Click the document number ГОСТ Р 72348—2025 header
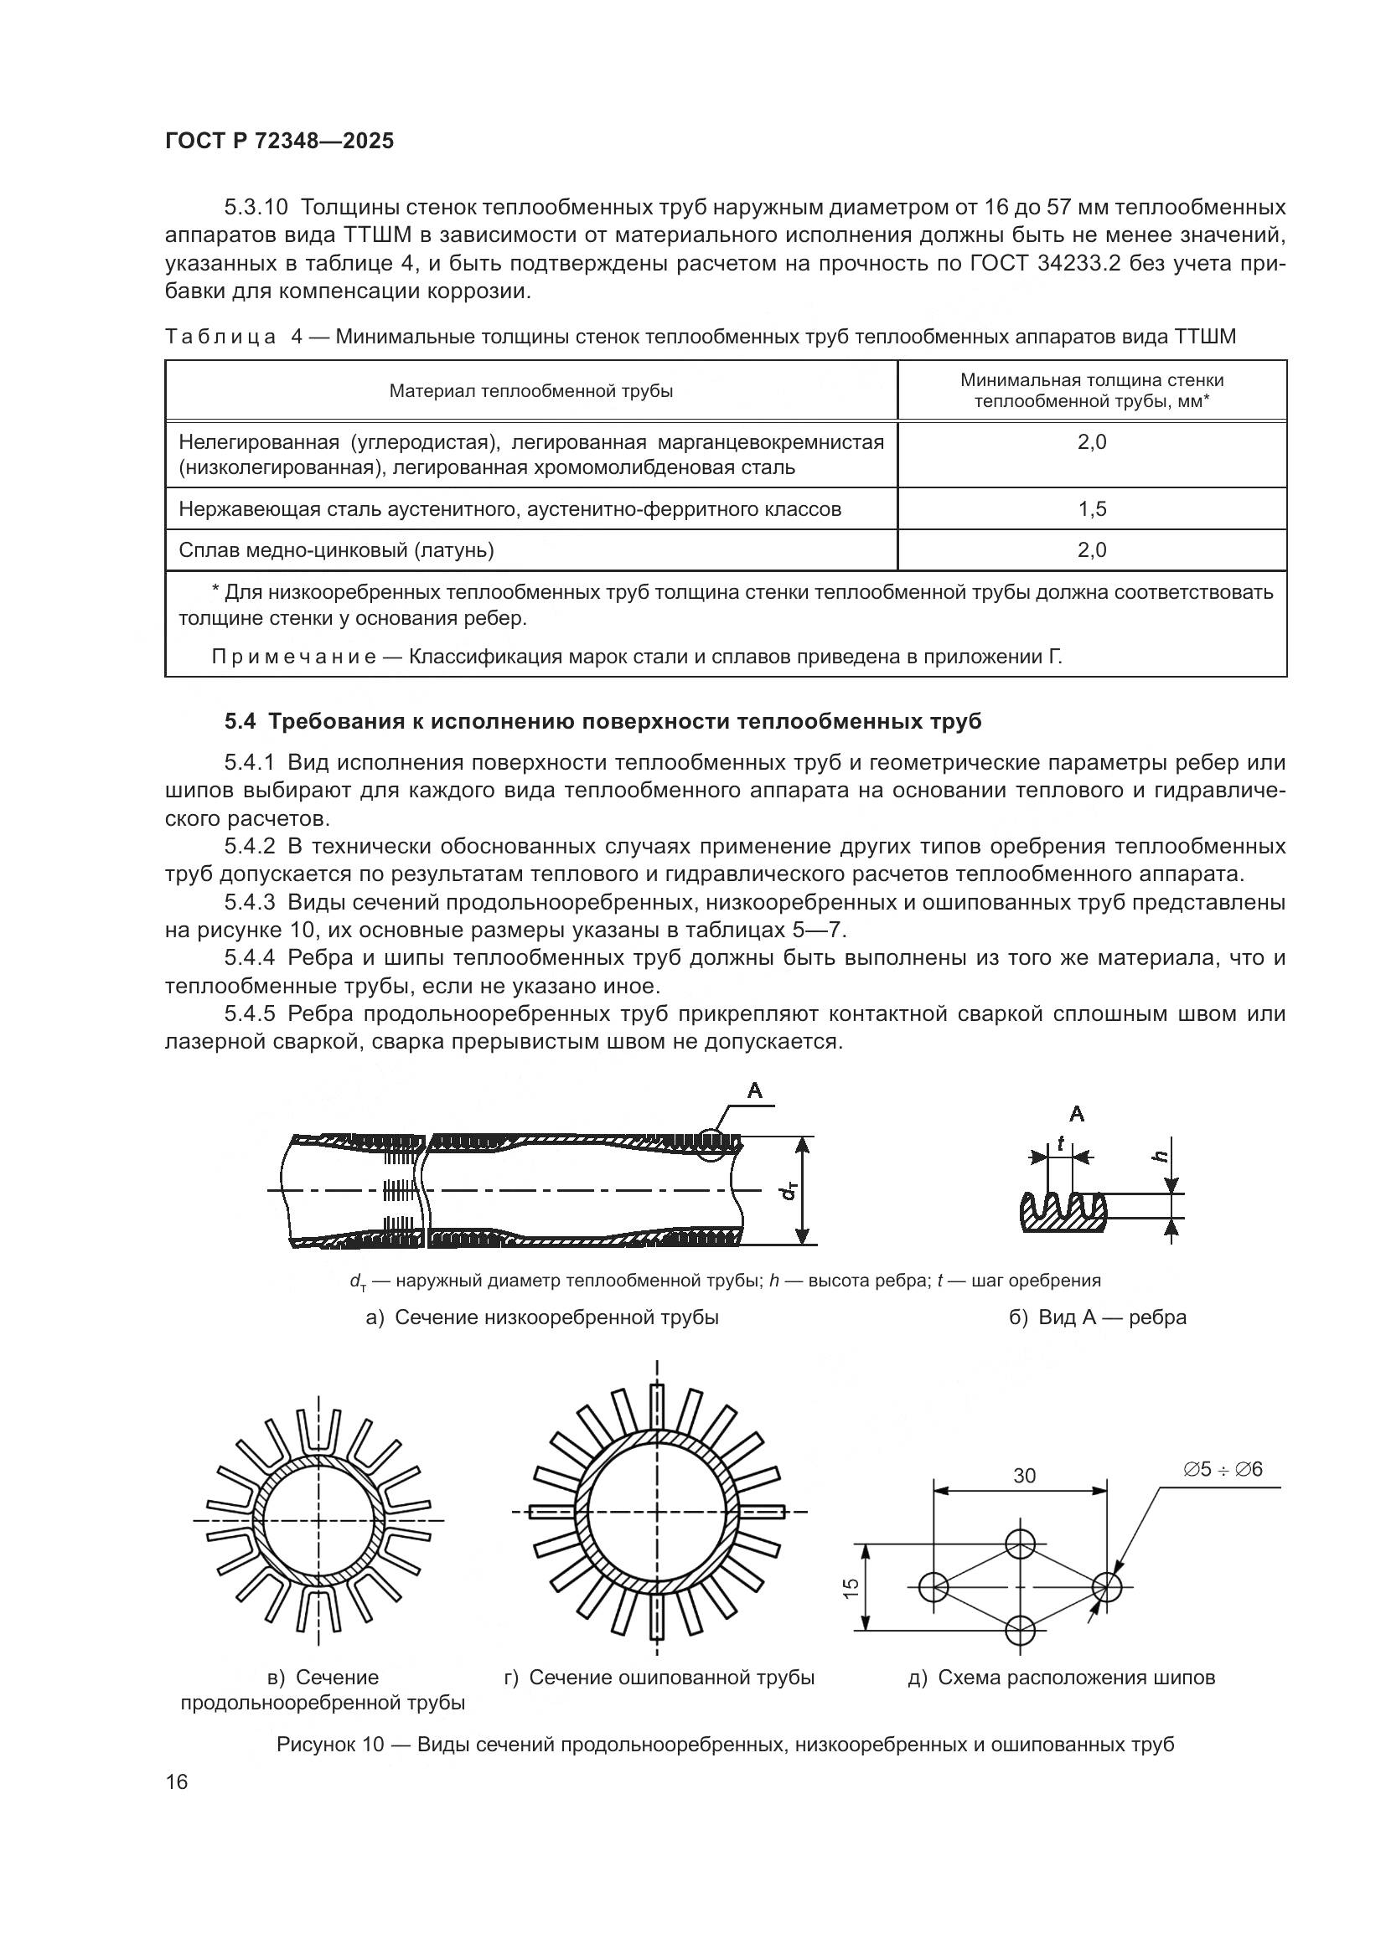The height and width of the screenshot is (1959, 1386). pos(279,142)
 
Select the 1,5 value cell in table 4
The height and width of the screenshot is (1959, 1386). pos(1092,509)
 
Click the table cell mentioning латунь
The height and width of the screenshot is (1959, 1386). pos(336,550)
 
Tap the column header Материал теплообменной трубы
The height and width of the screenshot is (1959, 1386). pos(530,392)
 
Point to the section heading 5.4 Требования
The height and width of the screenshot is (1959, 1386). pos(602,722)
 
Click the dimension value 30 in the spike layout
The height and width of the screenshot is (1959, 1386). pos(1024,1476)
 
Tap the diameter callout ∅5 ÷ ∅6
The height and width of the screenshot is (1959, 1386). pos(1222,1469)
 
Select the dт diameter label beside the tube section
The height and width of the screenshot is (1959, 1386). pos(789,1190)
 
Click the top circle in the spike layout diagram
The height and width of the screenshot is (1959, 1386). pos(1020,1544)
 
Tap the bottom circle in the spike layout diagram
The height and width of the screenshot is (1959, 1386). pos(1020,1631)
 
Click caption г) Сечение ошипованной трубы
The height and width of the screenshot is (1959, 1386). pos(659,1678)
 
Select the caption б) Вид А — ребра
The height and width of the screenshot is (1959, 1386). pos(1098,1317)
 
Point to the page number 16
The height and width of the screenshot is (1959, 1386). pos(177,1782)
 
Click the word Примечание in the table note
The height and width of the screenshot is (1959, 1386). pos(292,657)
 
